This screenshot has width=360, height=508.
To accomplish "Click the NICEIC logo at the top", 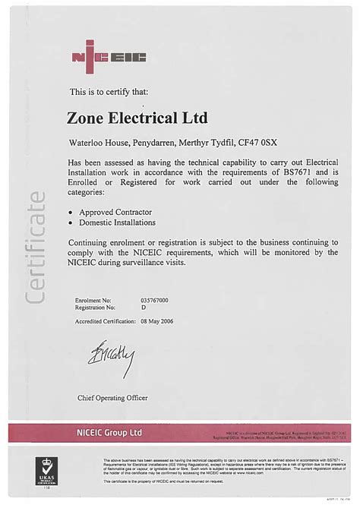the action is [108, 57].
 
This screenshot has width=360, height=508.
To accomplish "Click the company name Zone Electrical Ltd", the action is [137, 118].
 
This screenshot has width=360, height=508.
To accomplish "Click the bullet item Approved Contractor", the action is [115, 211].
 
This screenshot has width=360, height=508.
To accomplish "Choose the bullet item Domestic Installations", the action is [118, 222].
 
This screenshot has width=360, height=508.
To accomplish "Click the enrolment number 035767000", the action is [154, 300].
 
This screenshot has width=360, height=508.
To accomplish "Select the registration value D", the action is [143, 308].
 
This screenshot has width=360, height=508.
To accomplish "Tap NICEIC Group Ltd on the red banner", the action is [109, 432].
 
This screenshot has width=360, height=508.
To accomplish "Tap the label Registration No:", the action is [95, 308].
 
